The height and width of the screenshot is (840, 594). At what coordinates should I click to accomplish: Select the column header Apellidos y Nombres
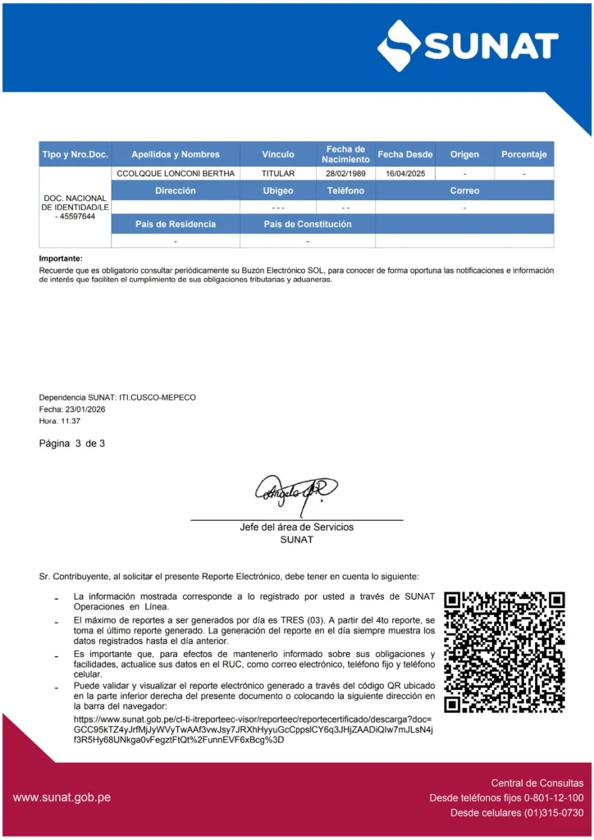point(176,154)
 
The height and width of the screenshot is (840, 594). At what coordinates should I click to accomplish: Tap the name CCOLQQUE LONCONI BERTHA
point(176,174)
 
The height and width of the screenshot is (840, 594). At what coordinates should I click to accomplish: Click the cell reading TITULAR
point(278,174)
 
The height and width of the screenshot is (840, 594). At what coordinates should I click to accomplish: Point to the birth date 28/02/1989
point(345,174)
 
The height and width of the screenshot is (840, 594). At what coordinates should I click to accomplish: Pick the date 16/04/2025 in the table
point(405,174)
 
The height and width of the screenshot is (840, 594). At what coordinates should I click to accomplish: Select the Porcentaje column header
point(523,154)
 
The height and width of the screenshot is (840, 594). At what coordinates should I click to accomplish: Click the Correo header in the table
point(464,191)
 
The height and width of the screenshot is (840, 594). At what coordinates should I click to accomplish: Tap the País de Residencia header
point(176,224)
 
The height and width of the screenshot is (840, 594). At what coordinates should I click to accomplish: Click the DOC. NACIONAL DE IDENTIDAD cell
point(75,208)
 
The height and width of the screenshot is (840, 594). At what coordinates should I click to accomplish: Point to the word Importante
point(61,259)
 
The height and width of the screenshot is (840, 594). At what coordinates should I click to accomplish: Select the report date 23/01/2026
point(85,409)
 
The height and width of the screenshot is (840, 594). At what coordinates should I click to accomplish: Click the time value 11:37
point(71,421)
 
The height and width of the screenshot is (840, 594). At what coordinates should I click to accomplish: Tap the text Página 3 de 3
point(72,444)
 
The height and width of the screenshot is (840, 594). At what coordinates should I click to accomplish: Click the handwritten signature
point(296,494)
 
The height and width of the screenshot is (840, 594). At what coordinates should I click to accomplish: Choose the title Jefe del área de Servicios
point(296,527)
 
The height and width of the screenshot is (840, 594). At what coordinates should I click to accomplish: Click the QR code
point(505,652)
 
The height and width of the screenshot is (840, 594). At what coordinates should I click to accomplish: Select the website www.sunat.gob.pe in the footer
point(62,797)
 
